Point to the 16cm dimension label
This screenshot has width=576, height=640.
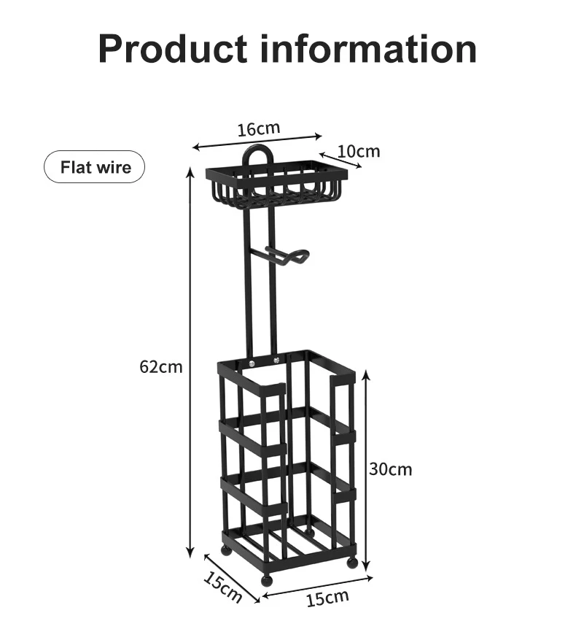point(258,129)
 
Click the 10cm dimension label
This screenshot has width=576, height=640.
point(359,151)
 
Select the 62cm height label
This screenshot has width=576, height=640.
point(161,366)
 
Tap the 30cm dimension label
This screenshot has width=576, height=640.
point(390,469)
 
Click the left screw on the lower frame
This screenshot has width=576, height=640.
point(252,363)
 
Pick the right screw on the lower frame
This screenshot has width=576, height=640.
point(276,360)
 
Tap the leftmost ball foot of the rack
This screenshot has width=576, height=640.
point(227,550)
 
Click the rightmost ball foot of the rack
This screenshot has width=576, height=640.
point(352,562)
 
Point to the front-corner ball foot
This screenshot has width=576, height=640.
point(266,581)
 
